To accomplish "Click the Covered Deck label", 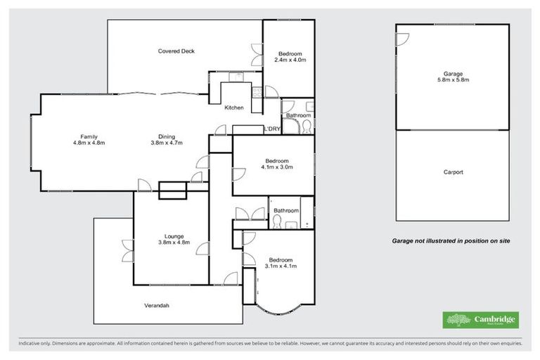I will (x=176, y=51).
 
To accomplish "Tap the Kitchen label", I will (x=234, y=108).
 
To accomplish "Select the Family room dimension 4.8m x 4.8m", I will (x=89, y=143).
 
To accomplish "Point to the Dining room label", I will (x=167, y=136).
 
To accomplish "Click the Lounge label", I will (x=174, y=236).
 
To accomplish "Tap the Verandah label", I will (x=157, y=305).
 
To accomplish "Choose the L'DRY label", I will (x=272, y=129).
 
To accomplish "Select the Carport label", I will (x=453, y=172).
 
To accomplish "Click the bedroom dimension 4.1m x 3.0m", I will (x=276, y=167).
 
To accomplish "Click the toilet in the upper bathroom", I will (x=305, y=127).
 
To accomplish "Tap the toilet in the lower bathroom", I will (x=277, y=221).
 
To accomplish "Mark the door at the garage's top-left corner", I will (x=401, y=39).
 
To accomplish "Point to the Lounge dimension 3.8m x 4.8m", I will (x=174, y=243).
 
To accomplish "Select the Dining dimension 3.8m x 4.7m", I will (x=167, y=143).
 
